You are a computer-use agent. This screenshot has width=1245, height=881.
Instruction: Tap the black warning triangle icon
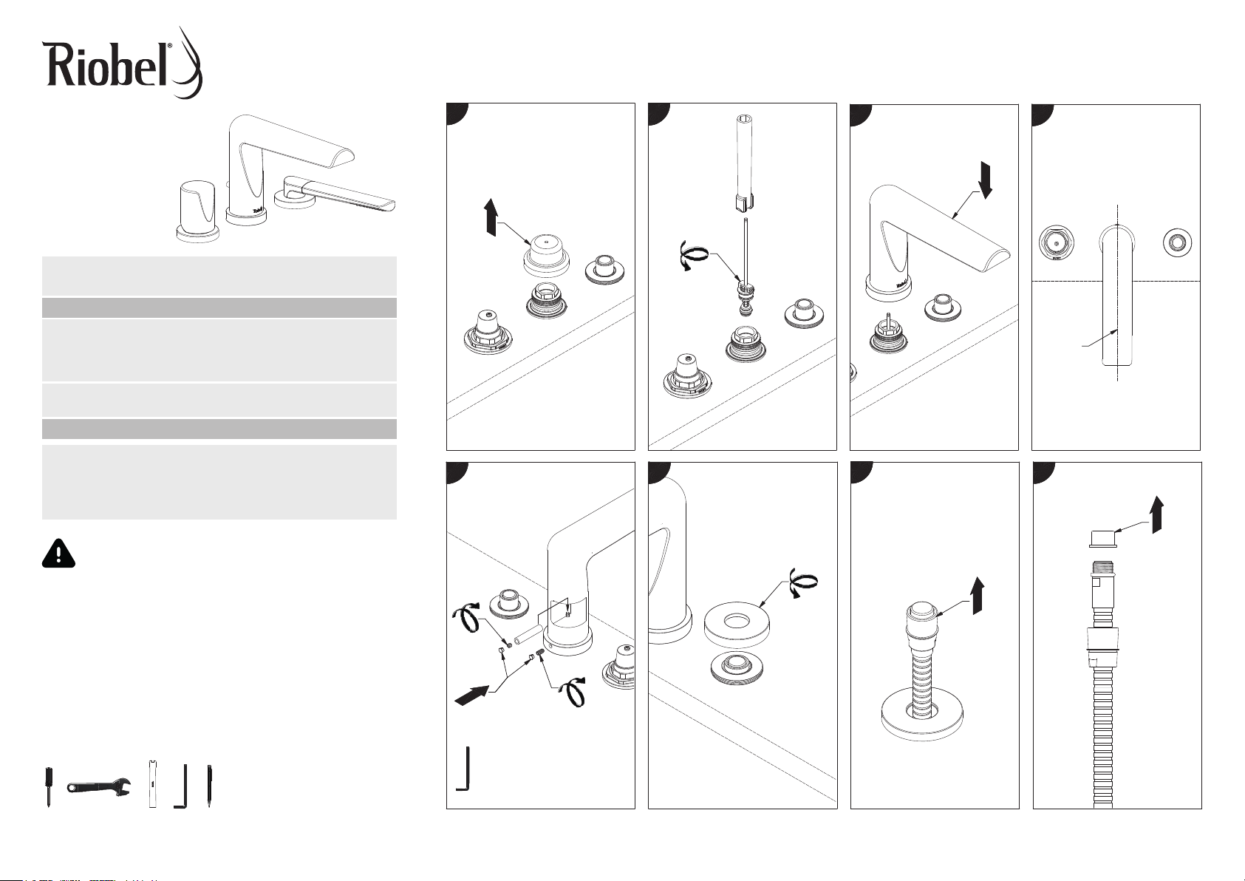58,553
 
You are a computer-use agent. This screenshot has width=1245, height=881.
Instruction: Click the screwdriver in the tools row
48,787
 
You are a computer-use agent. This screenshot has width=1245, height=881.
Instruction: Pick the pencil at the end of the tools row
209,786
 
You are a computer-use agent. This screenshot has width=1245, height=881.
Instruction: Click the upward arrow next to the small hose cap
1156,511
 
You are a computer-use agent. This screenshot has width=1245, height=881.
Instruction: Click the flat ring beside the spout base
734,618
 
